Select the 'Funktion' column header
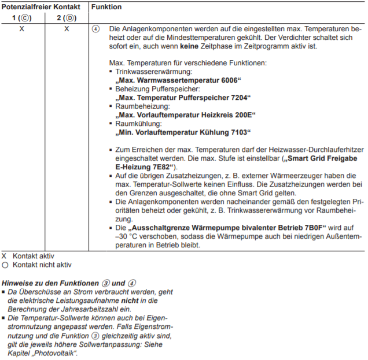[x=106, y=6]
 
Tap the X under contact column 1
[x=21, y=29]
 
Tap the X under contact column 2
[x=67, y=29]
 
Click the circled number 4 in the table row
[x=96, y=29]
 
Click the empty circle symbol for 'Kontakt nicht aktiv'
[x=5, y=265]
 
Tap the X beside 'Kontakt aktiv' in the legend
[x=5, y=255]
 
